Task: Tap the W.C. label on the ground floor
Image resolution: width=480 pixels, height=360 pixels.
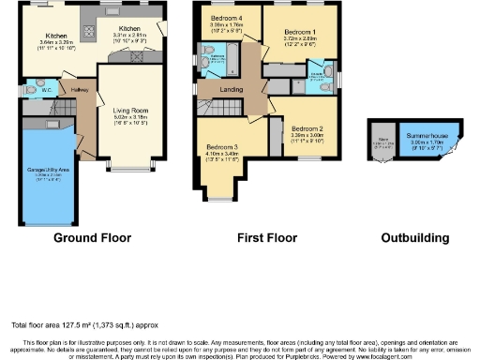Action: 43,91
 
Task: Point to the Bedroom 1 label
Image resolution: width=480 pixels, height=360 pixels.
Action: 300,31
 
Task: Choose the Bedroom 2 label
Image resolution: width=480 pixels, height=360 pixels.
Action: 307,127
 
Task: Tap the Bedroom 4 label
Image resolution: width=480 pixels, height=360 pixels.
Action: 226,19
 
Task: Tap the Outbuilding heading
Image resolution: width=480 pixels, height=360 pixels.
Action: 415,238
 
